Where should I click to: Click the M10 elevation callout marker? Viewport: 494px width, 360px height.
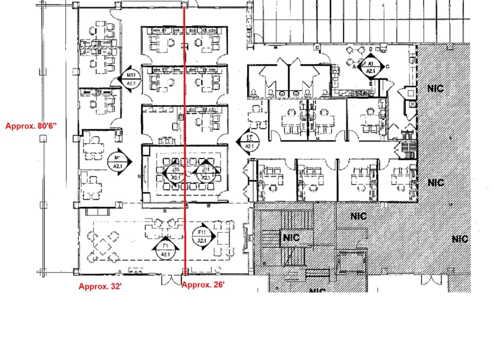click(131, 79)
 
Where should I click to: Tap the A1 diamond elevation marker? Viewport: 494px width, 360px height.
click(370, 66)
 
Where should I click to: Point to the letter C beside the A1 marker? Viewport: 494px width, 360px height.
click(388, 66)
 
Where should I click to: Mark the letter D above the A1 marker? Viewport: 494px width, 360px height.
click(370, 49)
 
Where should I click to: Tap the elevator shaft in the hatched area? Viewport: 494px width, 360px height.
click(350, 263)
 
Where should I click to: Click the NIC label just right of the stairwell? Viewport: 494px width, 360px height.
click(358, 216)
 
